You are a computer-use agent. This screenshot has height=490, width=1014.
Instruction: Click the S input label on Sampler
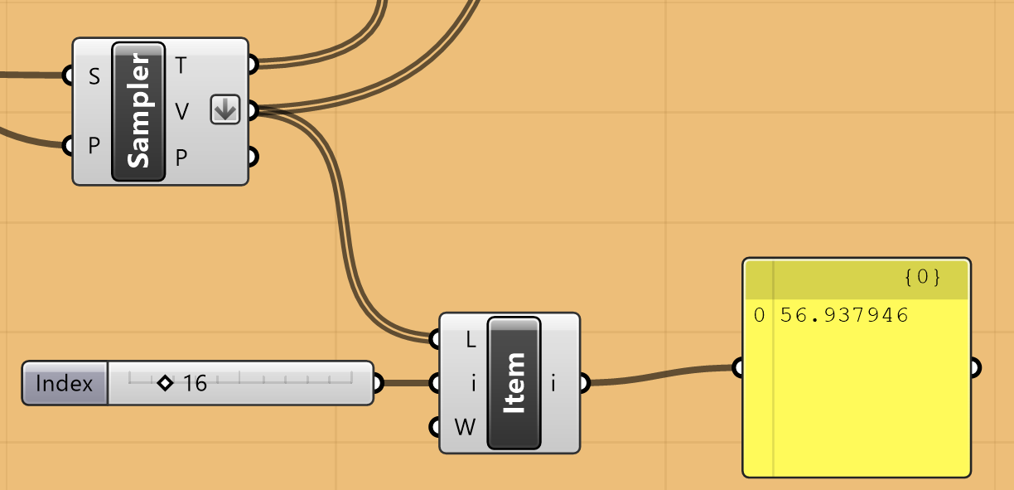tap(94, 77)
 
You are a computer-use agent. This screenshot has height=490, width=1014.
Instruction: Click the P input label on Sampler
tap(94, 147)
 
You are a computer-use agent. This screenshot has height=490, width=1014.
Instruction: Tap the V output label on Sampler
tap(181, 110)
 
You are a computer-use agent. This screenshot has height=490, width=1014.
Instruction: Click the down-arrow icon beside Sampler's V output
tap(225, 109)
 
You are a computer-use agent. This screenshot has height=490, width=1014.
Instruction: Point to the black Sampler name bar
tap(138, 111)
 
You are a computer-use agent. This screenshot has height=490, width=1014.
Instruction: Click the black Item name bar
tap(514, 383)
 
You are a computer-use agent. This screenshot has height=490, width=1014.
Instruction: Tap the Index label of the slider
tap(65, 383)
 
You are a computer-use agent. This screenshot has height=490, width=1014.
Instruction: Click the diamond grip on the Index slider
tap(164, 383)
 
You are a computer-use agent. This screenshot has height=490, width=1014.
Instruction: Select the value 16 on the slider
tap(195, 383)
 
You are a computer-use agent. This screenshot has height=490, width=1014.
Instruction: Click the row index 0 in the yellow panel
tap(759, 315)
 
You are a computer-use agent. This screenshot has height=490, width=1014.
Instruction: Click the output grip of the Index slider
tap(378, 383)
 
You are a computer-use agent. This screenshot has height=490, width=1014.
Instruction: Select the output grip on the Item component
tap(584, 383)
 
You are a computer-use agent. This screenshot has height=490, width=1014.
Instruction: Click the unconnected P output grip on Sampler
tap(253, 156)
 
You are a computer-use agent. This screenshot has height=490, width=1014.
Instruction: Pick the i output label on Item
tap(553, 383)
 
